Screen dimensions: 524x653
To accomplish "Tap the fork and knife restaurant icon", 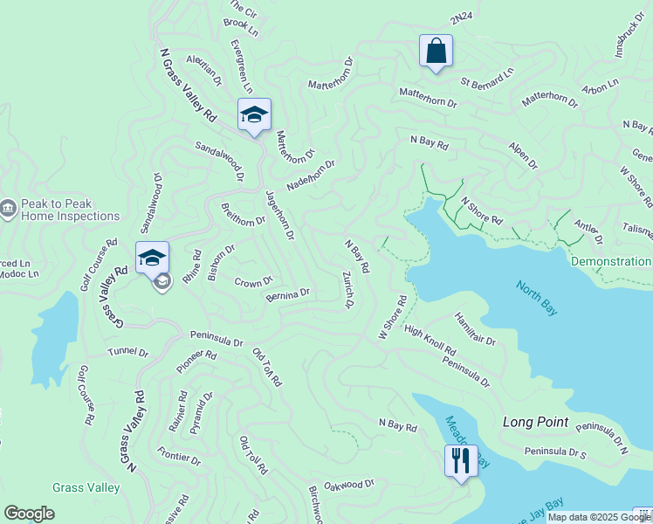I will [461, 459].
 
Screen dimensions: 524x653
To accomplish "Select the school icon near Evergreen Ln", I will [254, 114].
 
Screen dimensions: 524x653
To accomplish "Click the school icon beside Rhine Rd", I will [152, 258].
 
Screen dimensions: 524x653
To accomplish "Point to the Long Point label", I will [535, 422].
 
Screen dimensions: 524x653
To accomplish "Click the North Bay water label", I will [536, 298].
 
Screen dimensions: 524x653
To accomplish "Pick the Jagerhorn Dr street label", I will [279, 215].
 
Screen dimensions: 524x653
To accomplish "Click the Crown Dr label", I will [254, 282].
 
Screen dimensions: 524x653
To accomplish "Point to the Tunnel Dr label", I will [127, 352].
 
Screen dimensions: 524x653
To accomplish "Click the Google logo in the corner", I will [29, 514].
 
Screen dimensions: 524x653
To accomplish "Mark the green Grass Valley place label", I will [85, 487].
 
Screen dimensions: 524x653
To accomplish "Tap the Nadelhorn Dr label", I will [311, 179].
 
